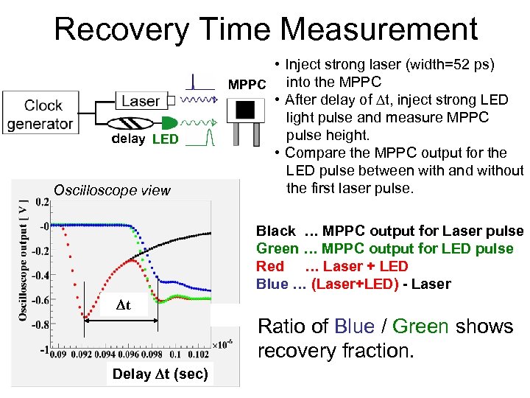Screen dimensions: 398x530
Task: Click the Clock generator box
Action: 39,114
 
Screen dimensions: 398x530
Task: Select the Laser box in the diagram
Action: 141,101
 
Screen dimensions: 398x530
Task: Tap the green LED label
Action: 166,139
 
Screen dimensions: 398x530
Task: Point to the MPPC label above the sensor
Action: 247,85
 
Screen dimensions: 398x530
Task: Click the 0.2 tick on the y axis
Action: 42,200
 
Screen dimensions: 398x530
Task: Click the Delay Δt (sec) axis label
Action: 160,374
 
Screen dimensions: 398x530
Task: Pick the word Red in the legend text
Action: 269,267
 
